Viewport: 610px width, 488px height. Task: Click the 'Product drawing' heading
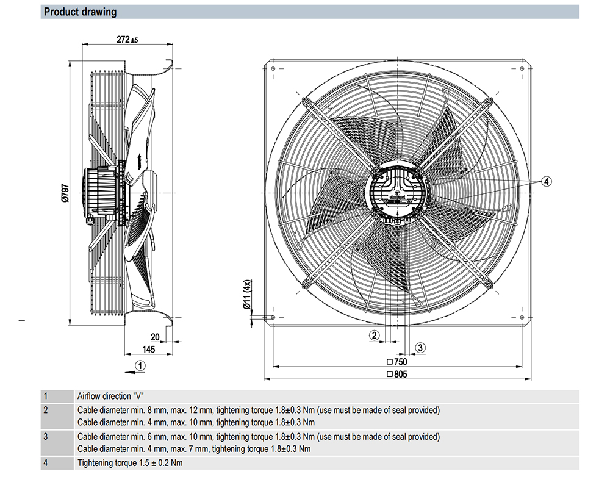tap(81, 12)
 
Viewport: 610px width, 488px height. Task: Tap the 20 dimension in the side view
tap(155, 337)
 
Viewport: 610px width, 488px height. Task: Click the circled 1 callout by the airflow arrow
tap(141, 366)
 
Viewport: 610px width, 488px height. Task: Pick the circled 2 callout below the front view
tap(375, 334)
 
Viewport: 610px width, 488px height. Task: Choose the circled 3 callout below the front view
tap(420, 348)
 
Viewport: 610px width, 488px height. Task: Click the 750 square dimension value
tap(400, 362)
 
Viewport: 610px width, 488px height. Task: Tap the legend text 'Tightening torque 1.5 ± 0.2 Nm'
tap(130, 463)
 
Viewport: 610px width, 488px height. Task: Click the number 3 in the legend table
tap(45, 436)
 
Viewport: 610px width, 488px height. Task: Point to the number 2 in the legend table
tap(45, 410)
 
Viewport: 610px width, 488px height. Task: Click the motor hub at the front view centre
tap(396, 192)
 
